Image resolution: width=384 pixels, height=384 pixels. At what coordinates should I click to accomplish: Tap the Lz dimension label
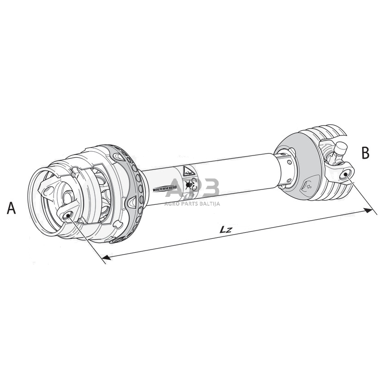(227, 229)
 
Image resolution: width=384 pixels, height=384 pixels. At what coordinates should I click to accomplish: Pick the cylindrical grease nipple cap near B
(341, 148)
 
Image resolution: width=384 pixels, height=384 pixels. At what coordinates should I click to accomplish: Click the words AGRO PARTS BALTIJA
(192, 203)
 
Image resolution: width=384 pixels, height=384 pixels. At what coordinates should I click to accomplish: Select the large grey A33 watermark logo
(192, 189)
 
